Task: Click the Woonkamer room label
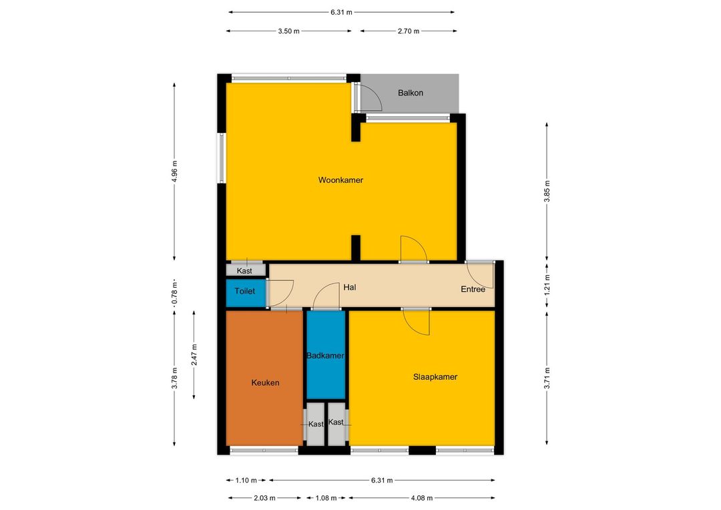pyautogui.click(x=340, y=180)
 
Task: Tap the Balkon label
pyautogui.click(x=410, y=93)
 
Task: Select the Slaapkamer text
pyautogui.click(x=435, y=377)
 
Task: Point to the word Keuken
pyautogui.click(x=265, y=382)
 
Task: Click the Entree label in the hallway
pyautogui.click(x=473, y=289)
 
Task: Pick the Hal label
pyautogui.click(x=349, y=288)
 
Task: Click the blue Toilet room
pyautogui.click(x=246, y=293)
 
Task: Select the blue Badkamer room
pyautogui.click(x=326, y=354)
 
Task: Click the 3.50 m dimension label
pyautogui.click(x=288, y=31)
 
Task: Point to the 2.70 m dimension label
pyautogui.click(x=409, y=31)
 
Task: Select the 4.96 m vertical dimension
pyautogui.click(x=174, y=171)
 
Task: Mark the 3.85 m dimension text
pyautogui.click(x=547, y=191)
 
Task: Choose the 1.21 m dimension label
pyautogui.click(x=547, y=284)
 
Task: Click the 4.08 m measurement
pyautogui.click(x=422, y=497)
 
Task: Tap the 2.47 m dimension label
pyautogui.click(x=194, y=354)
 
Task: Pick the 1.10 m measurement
pyautogui.click(x=246, y=481)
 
